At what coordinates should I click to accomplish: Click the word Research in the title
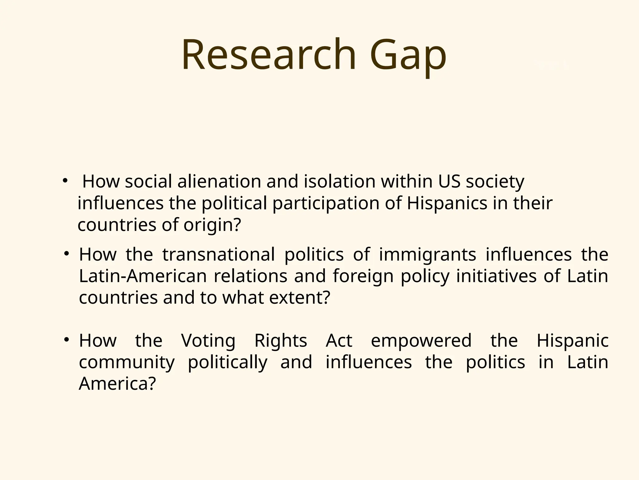point(269,54)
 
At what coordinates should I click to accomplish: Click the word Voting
point(208,341)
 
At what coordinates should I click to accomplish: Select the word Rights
point(280,341)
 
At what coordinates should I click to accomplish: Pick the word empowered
point(421,341)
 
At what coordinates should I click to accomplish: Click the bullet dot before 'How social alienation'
point(65,180)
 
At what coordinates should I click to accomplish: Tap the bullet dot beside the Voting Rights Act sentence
point(66,339)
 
